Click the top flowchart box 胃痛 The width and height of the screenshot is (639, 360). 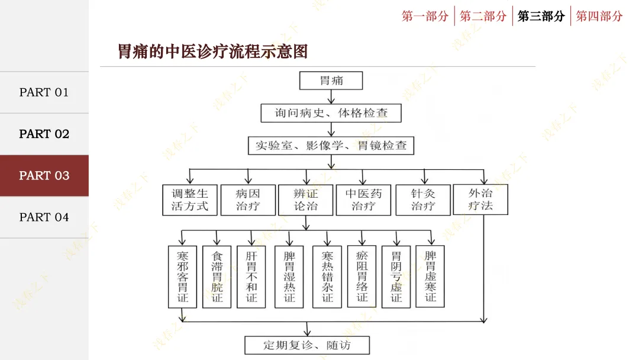331,81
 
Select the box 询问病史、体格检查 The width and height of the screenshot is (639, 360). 331,113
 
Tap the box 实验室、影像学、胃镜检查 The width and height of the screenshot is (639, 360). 331,146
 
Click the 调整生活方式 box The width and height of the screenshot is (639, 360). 189,200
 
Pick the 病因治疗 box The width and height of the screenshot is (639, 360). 247,200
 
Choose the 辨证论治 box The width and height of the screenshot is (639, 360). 305,200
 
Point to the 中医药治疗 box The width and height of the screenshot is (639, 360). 363,200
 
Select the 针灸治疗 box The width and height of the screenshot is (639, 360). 422,200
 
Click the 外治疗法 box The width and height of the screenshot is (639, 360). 480,200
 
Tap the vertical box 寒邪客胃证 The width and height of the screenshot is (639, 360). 183,277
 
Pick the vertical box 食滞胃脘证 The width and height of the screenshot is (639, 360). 217,277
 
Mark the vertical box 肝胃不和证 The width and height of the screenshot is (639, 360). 251,277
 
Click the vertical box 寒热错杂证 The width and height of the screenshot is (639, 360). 327,277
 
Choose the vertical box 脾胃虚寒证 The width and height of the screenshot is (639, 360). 430,277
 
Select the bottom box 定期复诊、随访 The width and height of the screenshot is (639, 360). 306,345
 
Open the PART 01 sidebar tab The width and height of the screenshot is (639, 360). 44,92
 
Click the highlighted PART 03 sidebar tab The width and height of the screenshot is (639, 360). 44,176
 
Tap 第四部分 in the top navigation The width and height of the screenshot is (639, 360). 599,16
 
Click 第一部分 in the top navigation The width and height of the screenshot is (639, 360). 425,16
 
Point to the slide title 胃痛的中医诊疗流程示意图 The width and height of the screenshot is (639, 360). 213,52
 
